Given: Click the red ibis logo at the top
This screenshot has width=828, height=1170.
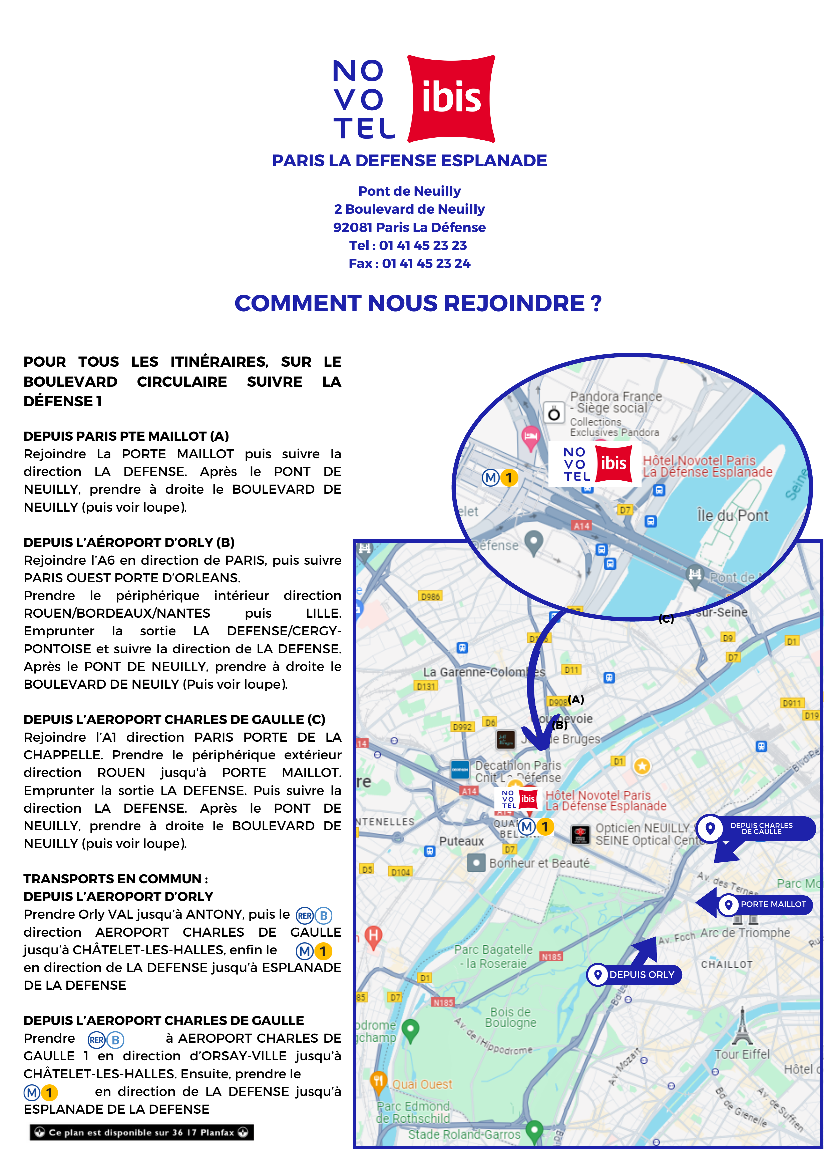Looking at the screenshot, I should click(x=451, y=98).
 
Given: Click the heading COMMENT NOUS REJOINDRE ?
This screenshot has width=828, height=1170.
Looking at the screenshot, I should click(x=418, y=304).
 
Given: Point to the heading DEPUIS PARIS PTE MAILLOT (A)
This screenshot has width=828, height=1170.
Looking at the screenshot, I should click(x=126, y=436).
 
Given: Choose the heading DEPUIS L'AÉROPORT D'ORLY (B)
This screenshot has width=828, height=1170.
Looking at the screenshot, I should click(x=129, y=542).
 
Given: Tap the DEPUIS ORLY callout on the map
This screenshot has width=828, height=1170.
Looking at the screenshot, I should click(x=635, y=975).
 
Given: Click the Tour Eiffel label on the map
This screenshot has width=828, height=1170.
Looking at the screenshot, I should click(x=742, y=1054).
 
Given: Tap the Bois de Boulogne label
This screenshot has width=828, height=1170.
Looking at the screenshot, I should click(x=510, y=1017).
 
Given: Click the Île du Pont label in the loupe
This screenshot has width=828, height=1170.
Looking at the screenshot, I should click(x=732, y=516).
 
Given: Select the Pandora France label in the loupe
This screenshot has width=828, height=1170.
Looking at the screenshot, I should click(x=615, y=396).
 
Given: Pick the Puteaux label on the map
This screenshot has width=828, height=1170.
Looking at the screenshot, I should click(x=461, y=841).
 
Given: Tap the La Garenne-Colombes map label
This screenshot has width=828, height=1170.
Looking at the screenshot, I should click(x=483, y=672).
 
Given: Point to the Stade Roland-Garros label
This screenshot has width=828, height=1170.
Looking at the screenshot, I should click(x=464, y=1134).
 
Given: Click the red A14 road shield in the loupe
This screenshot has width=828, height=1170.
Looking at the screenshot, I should click(x=582, y=525).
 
